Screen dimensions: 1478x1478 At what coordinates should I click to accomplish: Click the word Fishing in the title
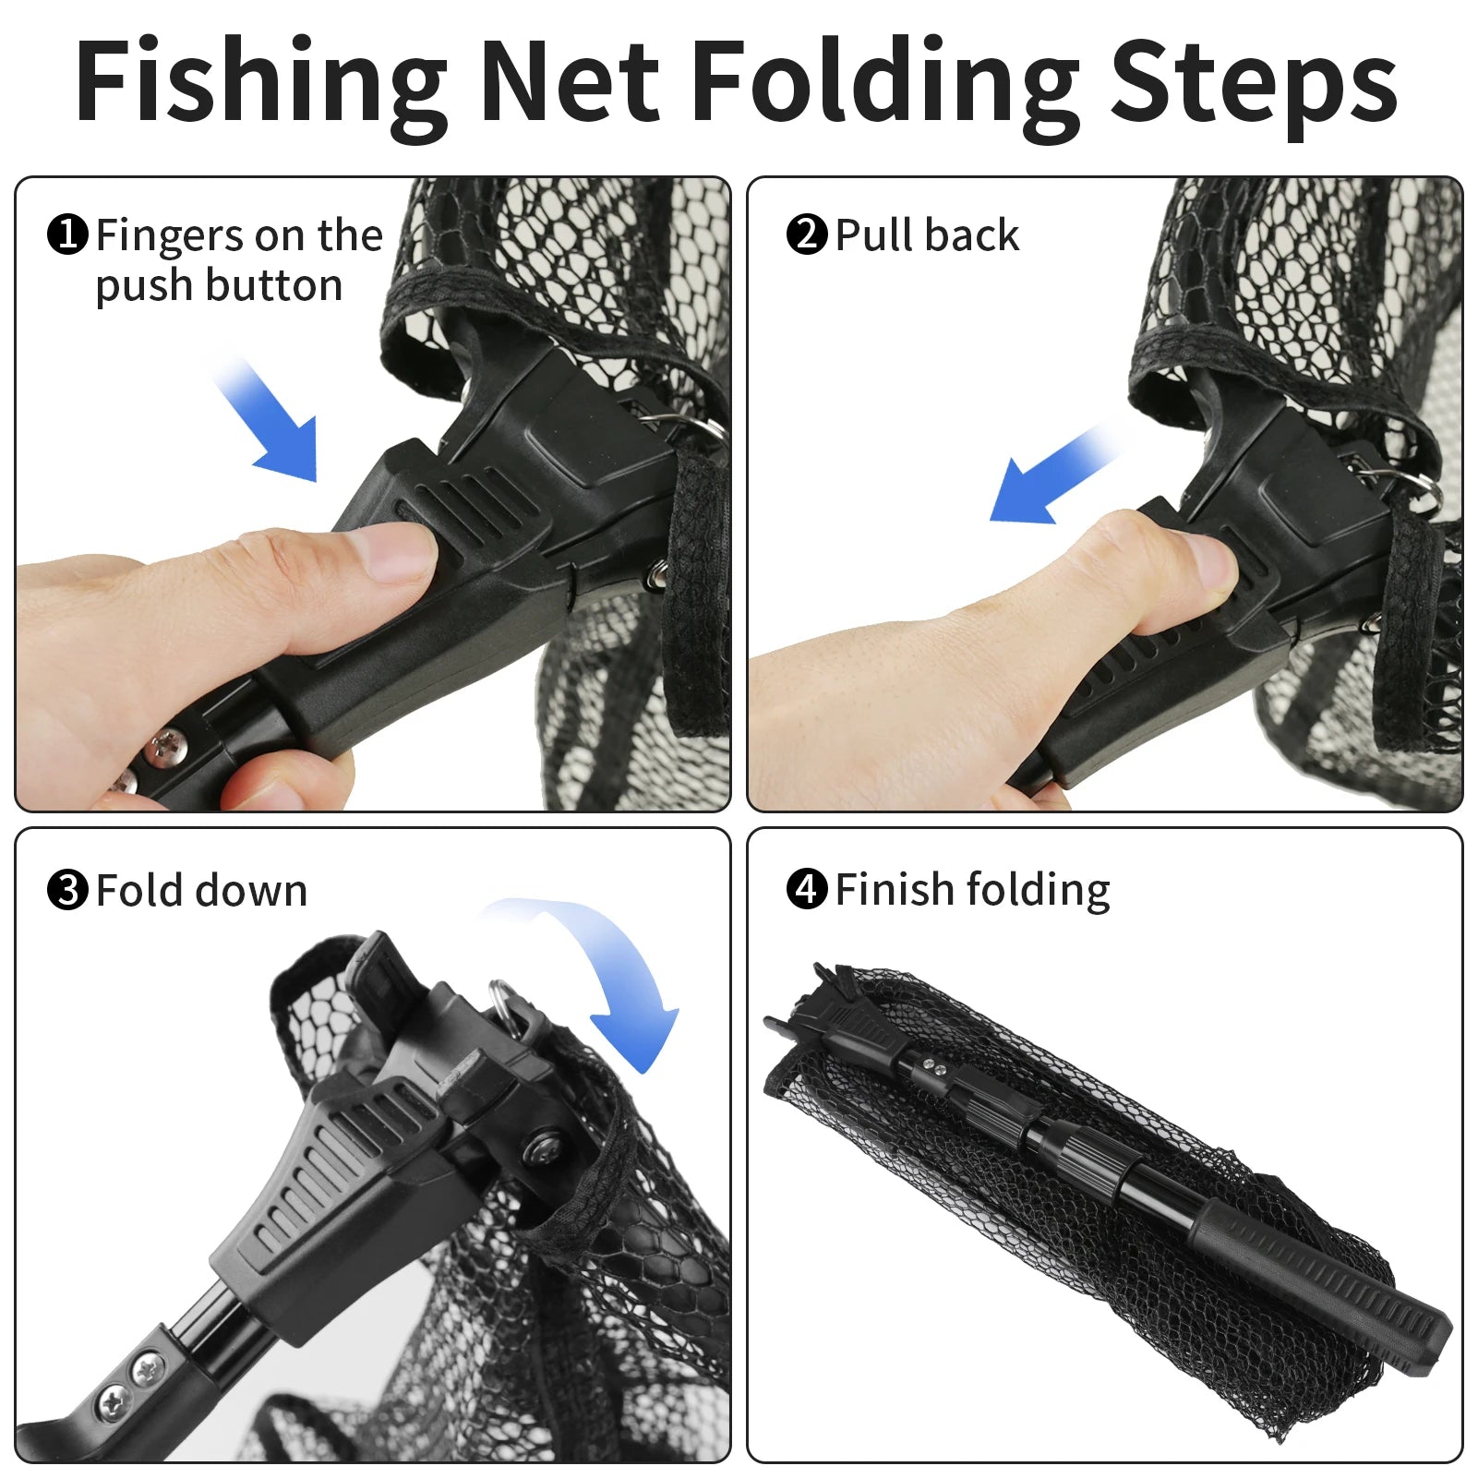point(261,83)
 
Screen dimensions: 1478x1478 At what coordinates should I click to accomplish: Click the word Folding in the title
point(884,83)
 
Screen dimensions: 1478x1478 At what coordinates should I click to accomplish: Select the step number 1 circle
point(67,234)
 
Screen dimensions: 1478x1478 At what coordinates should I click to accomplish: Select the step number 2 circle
point(807,234)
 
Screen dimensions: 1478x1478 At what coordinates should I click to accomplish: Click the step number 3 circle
point(67,890)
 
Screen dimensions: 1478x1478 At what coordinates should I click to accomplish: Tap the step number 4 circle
point(807,889)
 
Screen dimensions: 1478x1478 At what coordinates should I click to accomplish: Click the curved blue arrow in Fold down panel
point(609,979)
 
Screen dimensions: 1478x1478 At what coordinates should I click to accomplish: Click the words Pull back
point(927,234)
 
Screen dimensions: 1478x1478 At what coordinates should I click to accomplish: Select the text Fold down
point(201,890)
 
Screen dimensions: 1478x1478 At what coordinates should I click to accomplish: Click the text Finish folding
point(972,890)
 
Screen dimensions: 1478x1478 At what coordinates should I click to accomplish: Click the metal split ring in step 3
point(504,1002)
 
